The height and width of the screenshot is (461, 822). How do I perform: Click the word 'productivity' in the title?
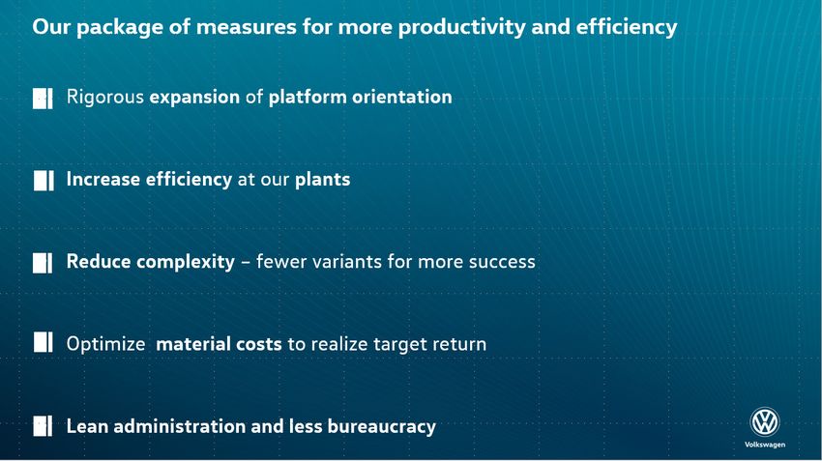[461, 27]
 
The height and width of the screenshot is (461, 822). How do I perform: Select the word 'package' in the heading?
[120, 27]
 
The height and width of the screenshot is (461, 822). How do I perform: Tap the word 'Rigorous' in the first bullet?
[104, 98]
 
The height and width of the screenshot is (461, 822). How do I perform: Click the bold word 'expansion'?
[194, 98]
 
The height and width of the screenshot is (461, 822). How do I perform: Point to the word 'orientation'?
[402, 97]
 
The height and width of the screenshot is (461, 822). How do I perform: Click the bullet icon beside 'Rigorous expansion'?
[43, 98]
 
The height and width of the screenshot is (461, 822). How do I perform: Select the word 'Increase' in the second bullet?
[103, 179]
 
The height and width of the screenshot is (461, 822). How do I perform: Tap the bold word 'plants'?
[322, 180]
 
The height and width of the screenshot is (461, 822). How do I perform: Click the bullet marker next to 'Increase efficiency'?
[44, 180]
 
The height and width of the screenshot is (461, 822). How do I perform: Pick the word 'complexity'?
[185, 262]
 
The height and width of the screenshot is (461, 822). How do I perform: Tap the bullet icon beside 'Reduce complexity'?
[43, 263]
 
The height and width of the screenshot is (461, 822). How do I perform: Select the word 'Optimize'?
[106, 344]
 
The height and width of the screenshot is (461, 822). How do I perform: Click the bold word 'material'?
[193, 344]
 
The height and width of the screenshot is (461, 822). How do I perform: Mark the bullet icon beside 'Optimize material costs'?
[43, 342]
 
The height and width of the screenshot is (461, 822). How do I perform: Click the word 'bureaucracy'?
[382, 427]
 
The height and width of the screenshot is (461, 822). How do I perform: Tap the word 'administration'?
[179, 426]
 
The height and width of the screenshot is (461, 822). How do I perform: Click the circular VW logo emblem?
[765, 422]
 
